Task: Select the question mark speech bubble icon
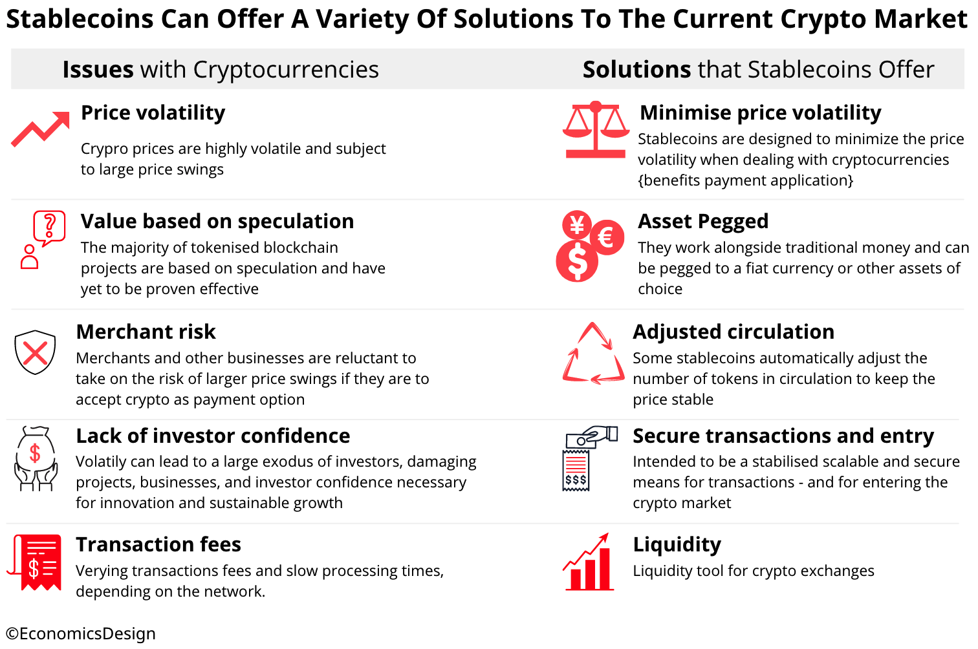point(49,228)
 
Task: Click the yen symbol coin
point(577,225)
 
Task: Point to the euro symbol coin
point(607,238)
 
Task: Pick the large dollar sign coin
point(577,261)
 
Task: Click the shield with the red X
point(35,352)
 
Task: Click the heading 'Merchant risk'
point(146,332)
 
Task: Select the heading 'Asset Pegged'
point(703,221)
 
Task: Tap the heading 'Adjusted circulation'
point(733,332)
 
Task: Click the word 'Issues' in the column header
point(98,69)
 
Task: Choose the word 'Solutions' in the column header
point(636,69)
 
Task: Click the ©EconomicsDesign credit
point(81,633)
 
